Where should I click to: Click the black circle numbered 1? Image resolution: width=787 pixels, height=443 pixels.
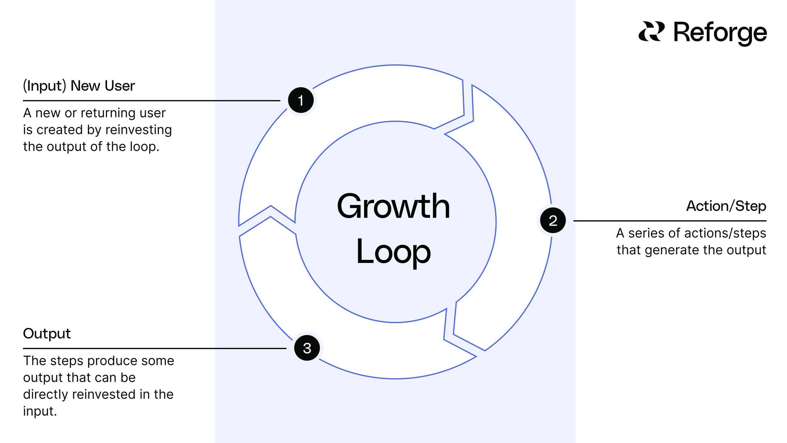pos(301,100)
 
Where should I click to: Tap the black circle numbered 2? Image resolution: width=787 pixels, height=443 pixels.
pos(553,220)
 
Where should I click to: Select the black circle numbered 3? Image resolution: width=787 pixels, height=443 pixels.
pos(307,348)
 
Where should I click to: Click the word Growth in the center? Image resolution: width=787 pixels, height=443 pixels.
pos(393,206)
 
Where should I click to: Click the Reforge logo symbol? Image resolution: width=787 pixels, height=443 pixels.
pos(651,32)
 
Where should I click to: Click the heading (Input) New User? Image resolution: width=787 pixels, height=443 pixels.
pos(79,86)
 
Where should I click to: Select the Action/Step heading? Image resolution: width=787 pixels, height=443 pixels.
pos(726,206)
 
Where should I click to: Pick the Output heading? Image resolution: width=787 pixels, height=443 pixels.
pos(47,333)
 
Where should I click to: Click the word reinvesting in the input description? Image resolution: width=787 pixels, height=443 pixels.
pos(138,130)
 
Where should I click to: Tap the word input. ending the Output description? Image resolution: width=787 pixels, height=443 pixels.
pos(40,411)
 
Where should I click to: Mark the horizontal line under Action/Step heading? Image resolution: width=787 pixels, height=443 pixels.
pos(670,221)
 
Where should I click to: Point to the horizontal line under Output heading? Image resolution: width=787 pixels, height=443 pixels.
pos(154,348)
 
